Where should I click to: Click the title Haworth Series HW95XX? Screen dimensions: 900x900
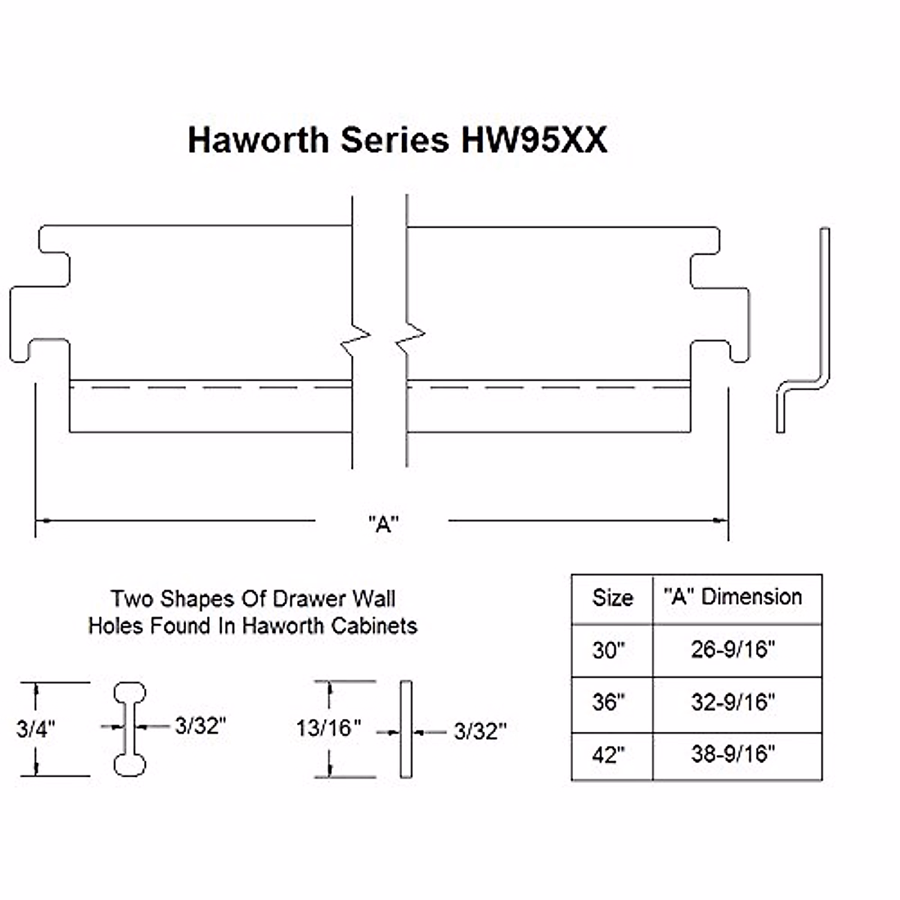[x=397, y=139]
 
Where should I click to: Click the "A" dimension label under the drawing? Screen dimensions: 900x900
[x=383, y=523]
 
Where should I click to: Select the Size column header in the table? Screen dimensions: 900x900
[x=612, y=598]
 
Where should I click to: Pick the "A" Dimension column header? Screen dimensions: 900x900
[x=733, y=597]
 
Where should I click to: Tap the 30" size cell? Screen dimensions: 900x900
[x=608, y=649]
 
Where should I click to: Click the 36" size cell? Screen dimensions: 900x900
[x=608, y=703]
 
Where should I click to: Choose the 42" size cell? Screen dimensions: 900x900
[x=608, y=754]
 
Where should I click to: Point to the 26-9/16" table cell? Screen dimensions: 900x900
[x=733, y=649]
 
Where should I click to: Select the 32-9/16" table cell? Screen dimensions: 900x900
[x=733, y=703]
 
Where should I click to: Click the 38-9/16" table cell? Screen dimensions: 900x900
[x=733, y=754]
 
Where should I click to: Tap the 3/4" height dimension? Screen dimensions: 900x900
[x=35, y=729]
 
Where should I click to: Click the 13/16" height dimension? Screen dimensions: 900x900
[x=328, y=727]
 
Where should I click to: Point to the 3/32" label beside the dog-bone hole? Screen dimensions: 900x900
[x=200, y=725]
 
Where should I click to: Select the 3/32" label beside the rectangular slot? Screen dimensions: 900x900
[x=480, y=731]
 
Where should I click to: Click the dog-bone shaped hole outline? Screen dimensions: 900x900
[x=130, y=728]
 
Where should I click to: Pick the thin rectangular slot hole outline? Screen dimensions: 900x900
[x=406, y=729]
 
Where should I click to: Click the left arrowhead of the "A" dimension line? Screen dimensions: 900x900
[x=42, y=519]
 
